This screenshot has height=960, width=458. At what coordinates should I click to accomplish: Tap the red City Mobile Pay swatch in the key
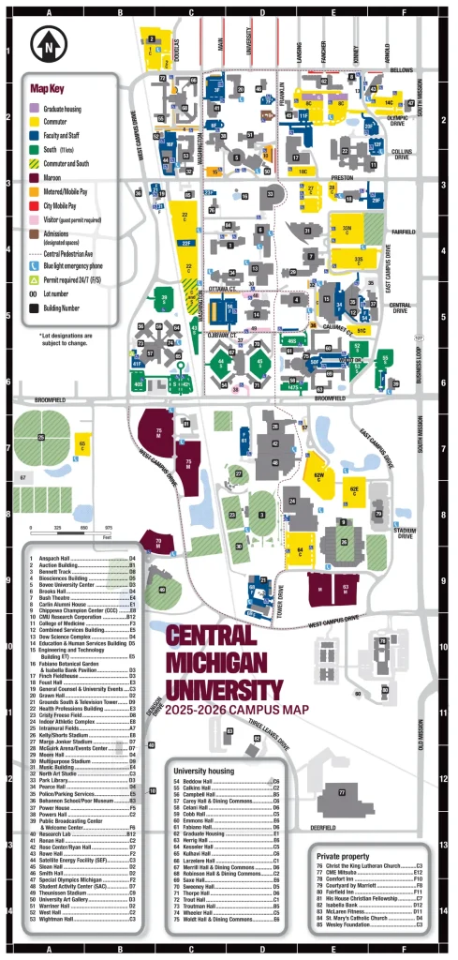click(x=35, y=193)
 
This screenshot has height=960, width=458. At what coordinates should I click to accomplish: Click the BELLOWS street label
click(x=400, y=69)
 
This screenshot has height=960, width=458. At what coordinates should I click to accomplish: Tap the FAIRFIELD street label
click(x=400, y=231)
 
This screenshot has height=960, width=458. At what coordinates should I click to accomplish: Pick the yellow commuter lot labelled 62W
click(x=318, y=477)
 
